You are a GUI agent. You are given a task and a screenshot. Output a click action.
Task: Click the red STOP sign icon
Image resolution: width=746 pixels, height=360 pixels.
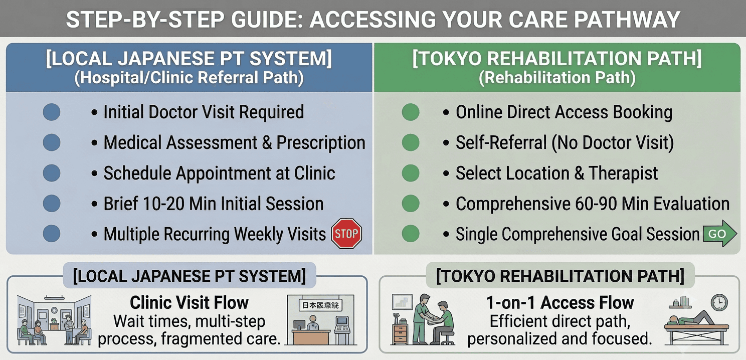346,234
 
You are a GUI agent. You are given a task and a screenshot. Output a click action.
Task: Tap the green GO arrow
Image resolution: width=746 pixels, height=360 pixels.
719,234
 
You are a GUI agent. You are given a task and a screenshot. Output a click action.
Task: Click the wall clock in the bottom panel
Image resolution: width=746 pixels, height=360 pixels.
719,303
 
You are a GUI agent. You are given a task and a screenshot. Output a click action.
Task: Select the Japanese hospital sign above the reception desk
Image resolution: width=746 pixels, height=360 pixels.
320,305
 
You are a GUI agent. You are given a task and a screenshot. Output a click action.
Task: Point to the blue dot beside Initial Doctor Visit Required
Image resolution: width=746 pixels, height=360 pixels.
52,112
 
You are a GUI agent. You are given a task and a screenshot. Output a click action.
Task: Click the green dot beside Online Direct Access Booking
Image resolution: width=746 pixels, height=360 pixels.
411,112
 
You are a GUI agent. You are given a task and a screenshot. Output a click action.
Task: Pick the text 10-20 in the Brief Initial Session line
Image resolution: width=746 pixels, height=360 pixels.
163,204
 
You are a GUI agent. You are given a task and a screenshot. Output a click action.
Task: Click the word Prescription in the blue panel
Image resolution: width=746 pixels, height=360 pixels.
321,143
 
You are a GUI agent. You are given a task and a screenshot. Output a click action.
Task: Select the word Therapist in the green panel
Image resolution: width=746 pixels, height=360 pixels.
623,173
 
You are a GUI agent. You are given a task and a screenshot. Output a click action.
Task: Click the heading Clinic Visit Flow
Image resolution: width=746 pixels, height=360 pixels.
189,302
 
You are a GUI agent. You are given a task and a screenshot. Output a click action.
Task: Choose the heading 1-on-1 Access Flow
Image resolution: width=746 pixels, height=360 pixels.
560,302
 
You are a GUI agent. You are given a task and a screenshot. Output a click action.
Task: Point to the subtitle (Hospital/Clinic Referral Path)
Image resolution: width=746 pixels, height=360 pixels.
189,78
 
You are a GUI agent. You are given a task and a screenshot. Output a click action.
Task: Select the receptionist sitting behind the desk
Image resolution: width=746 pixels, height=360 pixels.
312,322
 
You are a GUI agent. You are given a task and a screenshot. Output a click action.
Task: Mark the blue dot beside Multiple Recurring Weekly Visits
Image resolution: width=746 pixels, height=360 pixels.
52,234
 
